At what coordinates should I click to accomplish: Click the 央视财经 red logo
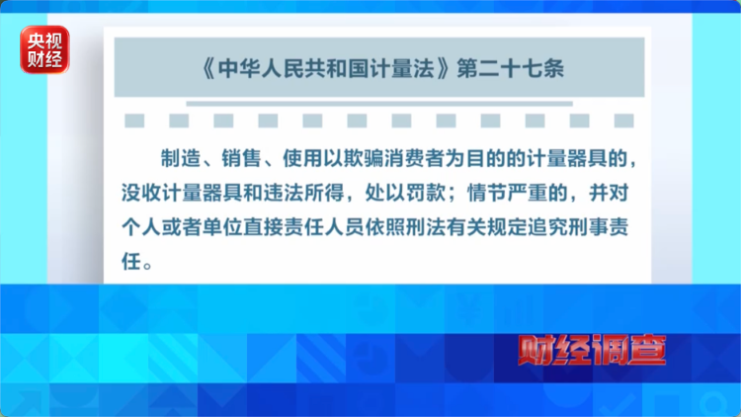(44, 49)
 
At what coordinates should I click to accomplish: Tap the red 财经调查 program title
(592, 350)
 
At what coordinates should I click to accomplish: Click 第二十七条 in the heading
(511, 68)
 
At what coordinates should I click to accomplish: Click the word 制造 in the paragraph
(181, 158)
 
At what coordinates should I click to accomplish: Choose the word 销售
(241, 158)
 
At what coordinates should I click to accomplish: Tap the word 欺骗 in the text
(364, 158)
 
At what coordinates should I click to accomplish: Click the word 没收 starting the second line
(141, 193)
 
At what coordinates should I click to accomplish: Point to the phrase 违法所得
(303, 193)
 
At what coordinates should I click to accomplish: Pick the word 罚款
(425, 193)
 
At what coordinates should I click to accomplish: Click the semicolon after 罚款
(452, 195)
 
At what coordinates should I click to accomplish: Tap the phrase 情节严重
(507, 193)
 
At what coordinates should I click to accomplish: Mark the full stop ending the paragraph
(148, 266)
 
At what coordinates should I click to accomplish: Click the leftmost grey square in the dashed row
(134, 121)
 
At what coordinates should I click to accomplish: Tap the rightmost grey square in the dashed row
(623, 121)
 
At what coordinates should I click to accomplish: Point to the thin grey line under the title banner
(379, 104)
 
